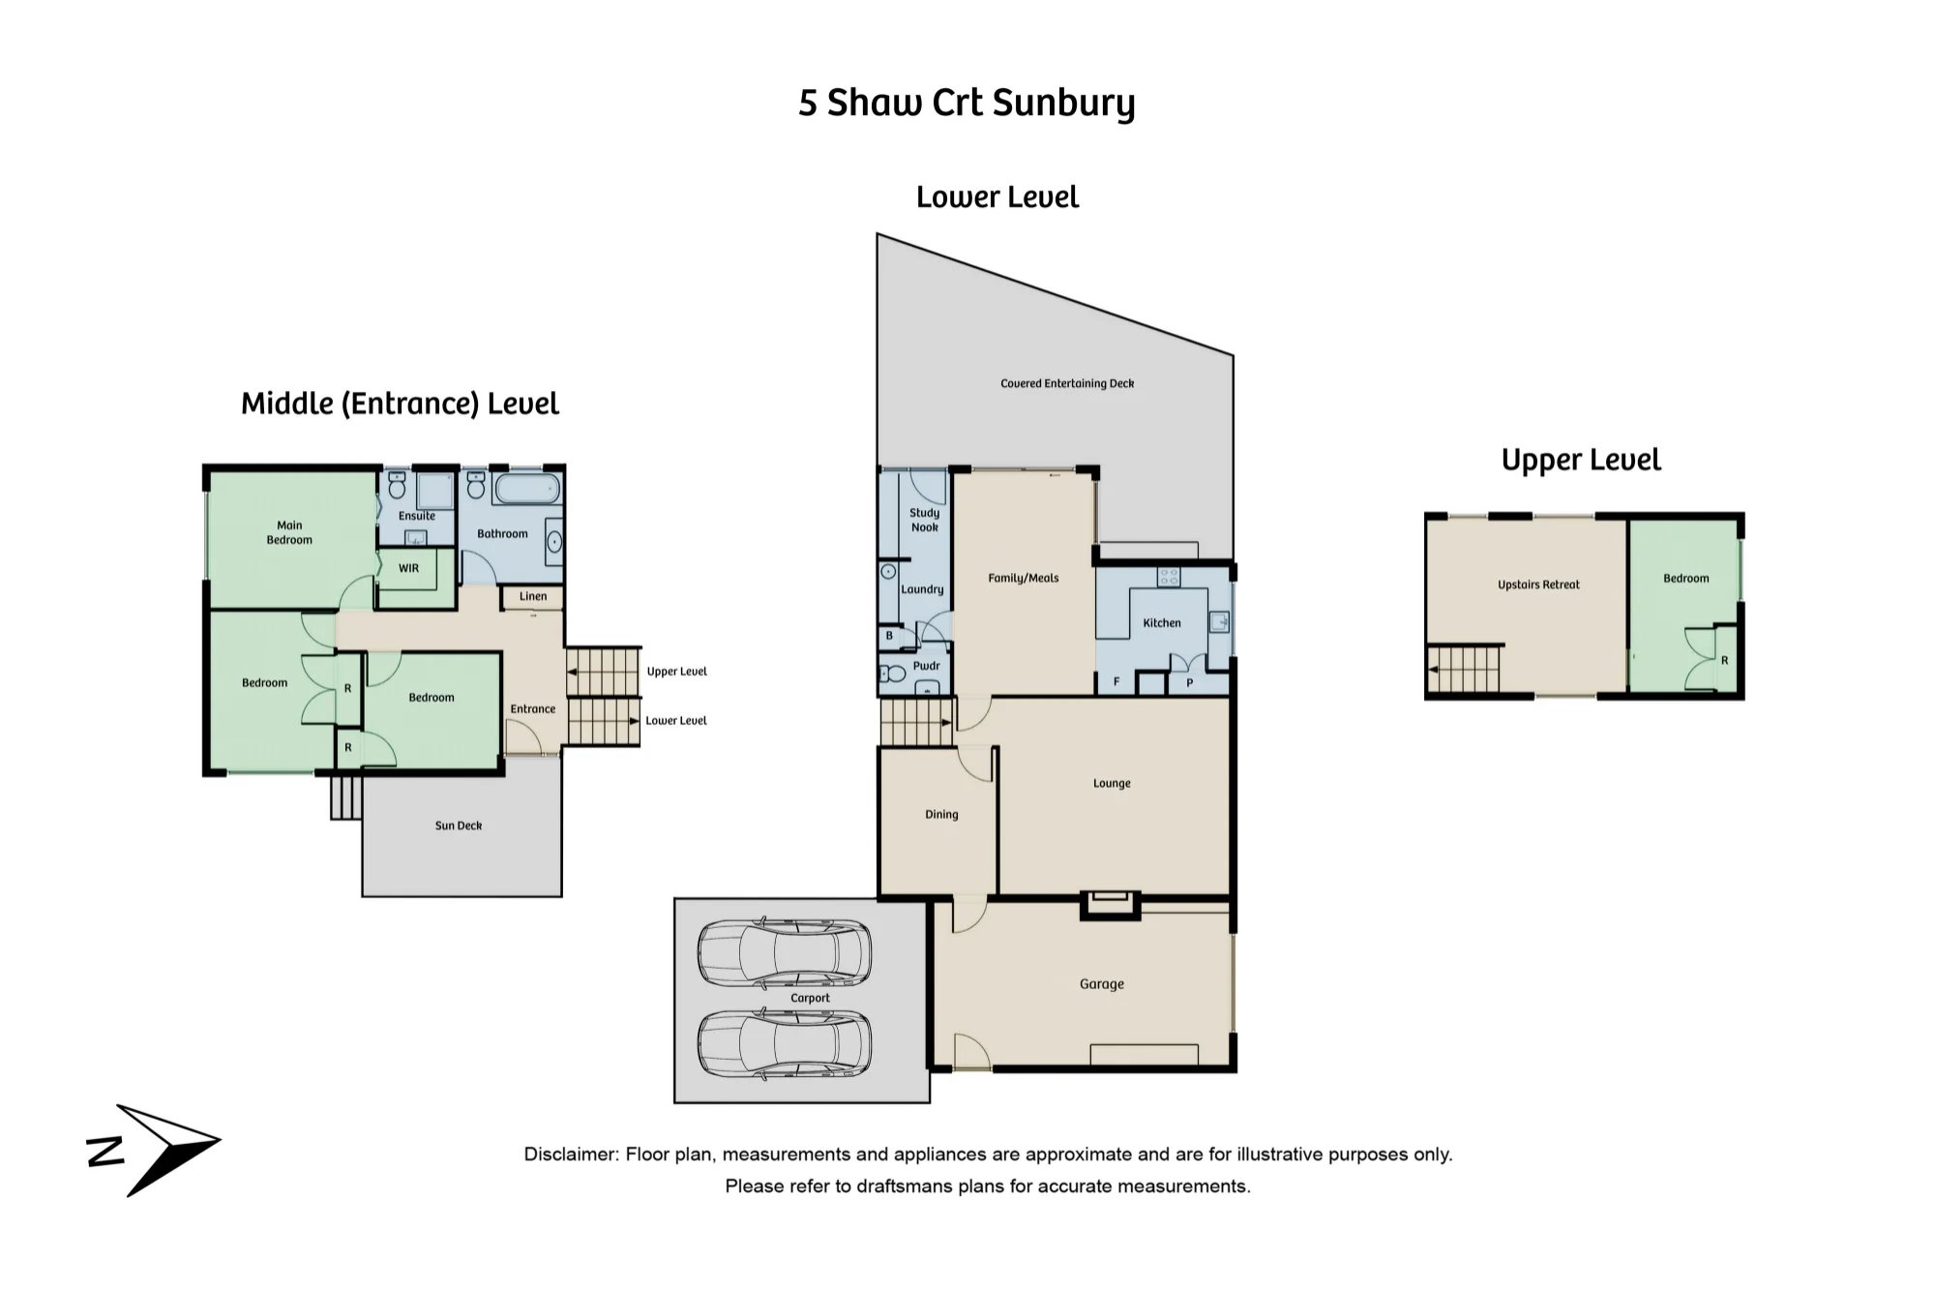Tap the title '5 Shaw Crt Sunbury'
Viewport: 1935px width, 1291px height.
tap(967, 104)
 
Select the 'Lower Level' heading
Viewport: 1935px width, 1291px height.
tap(997, 197)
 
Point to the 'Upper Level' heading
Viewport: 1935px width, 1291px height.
tap(1581, 461)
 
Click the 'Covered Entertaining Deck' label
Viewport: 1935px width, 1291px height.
tap(1067, 384)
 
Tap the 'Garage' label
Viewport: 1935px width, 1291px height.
tap(1102, 984)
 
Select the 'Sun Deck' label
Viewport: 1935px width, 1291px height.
tap(459, 826)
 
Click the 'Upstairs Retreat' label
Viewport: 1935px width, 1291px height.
tap(1538, 585)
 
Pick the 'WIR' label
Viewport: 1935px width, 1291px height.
tap(409, 568)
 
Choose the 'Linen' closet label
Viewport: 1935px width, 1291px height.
tap(533, 596)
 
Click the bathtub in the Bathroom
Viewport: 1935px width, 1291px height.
tap(527, 488)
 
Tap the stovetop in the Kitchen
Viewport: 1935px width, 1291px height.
tap(1169, 577)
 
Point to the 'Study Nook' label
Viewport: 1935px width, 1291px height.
tap(925, 520)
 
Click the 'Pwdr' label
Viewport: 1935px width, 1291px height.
tap(926, 666)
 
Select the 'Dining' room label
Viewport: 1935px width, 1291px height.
tap(941, 815)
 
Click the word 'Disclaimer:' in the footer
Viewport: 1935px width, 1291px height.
tap(571, 1155)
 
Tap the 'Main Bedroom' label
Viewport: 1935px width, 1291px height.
tap(289, 533)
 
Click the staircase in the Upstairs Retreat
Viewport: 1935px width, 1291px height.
tap(1464, 669)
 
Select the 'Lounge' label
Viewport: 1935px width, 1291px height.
tap(1112, 784)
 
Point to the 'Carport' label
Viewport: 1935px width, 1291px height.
tap(810, 998)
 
